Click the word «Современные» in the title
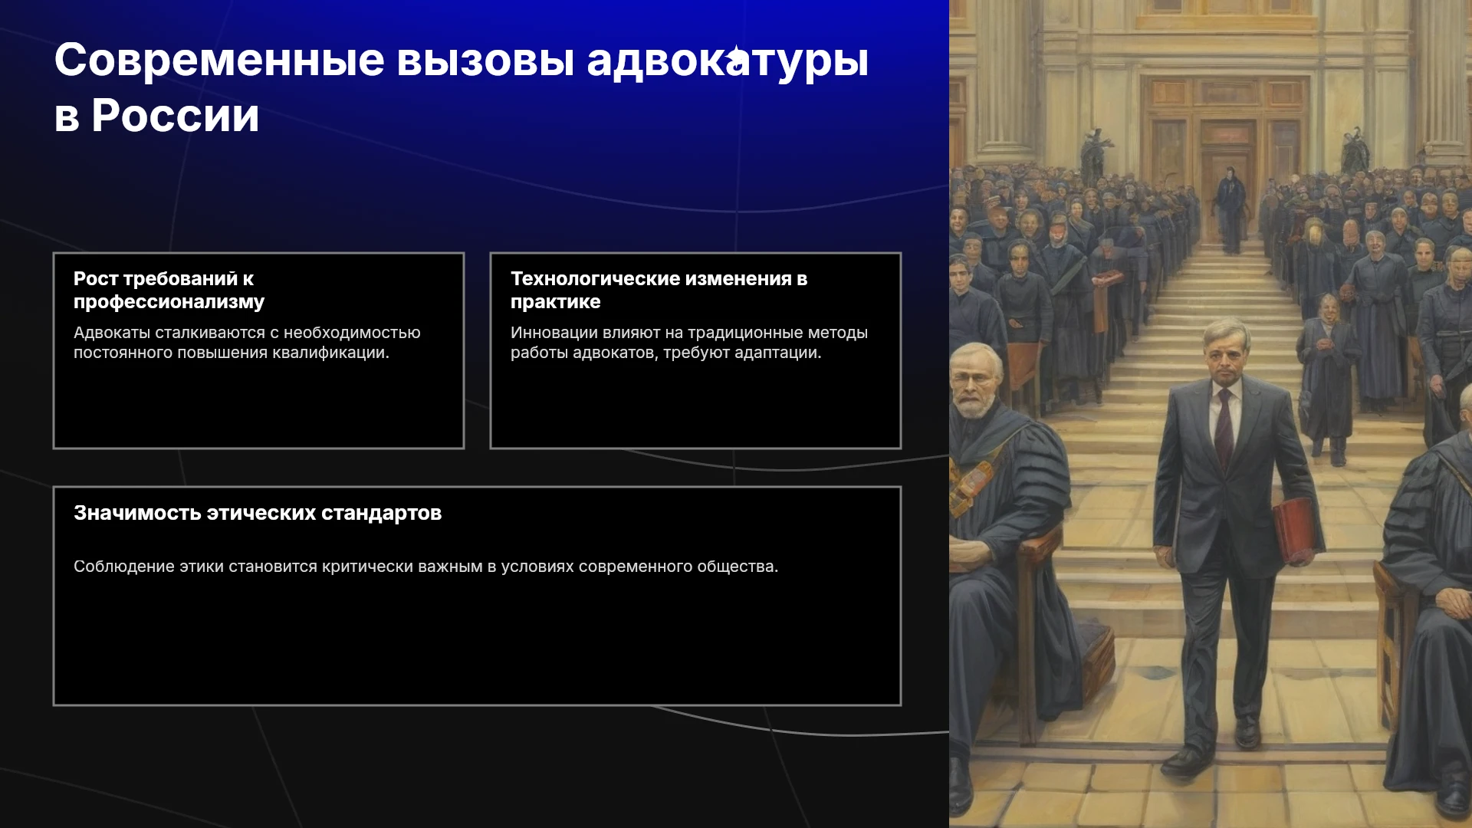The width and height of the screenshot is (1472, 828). click(219, 60)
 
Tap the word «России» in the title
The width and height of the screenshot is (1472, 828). click(176, 116)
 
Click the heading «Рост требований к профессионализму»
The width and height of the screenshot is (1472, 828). click(169, 290)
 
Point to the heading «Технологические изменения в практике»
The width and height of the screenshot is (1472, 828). click(659, 290)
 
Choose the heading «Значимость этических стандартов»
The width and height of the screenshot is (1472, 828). click(258, 513)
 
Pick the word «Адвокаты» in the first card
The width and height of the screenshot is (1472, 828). click(112, 333)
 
